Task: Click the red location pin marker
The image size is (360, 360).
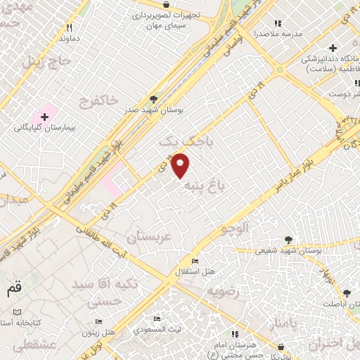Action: (181, 165)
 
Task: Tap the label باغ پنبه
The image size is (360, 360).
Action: (204, 186)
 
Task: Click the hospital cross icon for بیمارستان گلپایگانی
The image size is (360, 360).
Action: (44, 116)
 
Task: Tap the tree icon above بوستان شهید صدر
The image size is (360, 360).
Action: (154, 100)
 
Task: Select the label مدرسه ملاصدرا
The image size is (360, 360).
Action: (277, 33)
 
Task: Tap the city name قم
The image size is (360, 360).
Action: (13, 288)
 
